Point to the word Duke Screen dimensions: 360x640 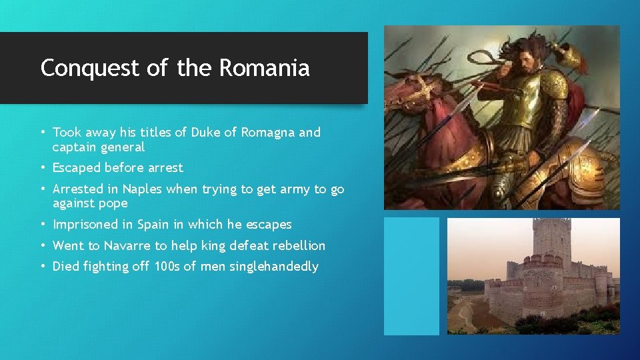(205, 132)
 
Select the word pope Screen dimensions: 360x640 (113, 203)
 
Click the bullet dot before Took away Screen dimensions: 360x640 (43, 132)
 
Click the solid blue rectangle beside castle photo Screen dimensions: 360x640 (411, 276)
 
